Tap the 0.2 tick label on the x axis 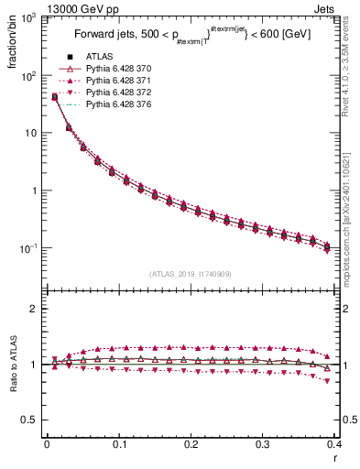191,445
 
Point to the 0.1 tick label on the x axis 118,445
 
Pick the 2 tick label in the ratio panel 35,309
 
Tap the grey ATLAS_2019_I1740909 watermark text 191,273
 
